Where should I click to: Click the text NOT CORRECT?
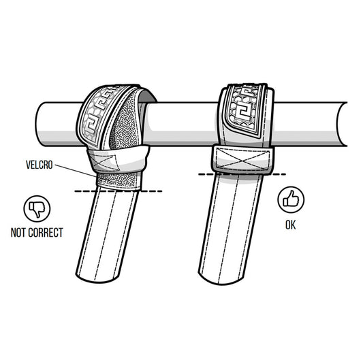pos(37,233)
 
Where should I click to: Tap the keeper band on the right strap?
pos(244,158)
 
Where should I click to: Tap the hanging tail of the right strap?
pos(232,225)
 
